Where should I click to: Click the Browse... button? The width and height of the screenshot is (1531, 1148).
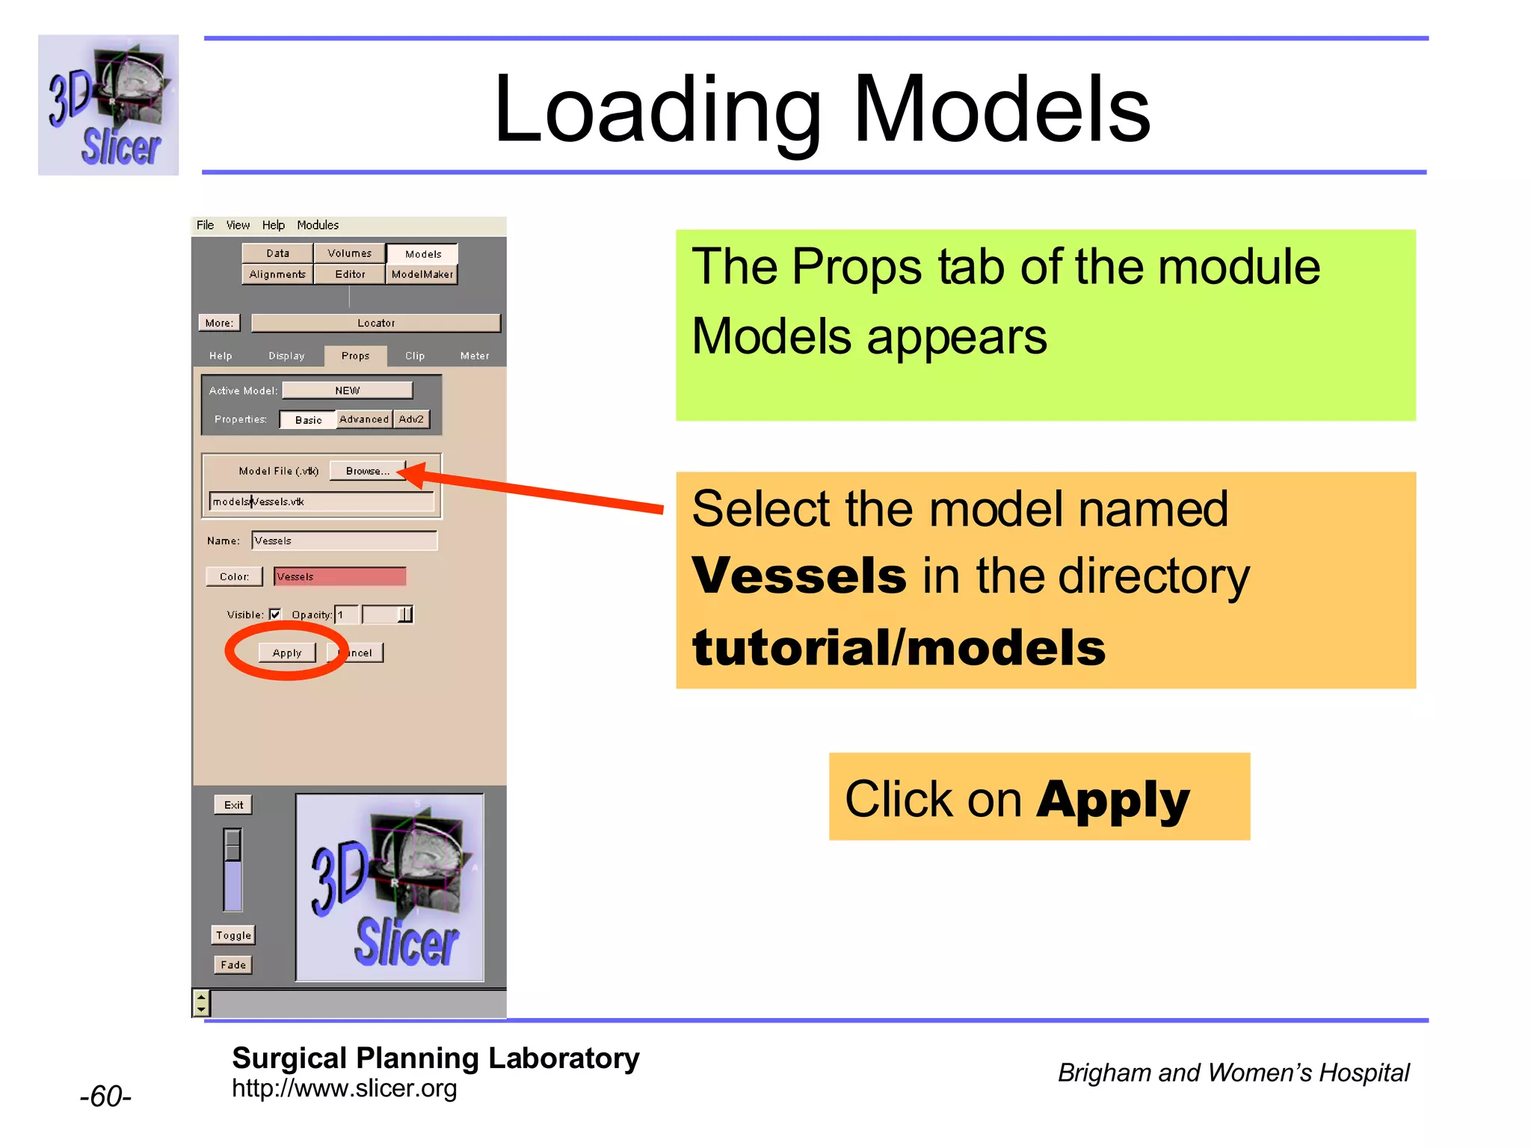point(367,471)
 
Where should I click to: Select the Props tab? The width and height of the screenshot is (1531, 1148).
point(355,356)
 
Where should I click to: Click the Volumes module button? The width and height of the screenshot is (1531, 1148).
point(349,253)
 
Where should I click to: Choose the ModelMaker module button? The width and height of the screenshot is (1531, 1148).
point(422,274)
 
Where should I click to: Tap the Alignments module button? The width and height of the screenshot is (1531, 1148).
point(277,274)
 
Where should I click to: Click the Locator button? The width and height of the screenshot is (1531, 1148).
point(375,323)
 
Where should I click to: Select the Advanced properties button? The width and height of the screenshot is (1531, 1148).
point(364,419)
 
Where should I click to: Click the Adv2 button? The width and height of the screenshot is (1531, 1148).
point(411,419)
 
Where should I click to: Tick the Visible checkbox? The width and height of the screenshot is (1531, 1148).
point(275,614)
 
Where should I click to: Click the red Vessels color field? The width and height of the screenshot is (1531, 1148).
point(340,576)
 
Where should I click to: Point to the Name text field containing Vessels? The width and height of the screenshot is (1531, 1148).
point(344,540)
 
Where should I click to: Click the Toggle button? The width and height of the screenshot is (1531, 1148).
point(233,935)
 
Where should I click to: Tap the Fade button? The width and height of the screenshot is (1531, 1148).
point(233,965)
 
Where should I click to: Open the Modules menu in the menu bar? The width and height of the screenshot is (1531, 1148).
point(318,225)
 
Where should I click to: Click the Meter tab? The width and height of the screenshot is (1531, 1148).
point(475,356)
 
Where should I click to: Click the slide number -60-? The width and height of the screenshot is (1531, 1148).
point(105,1096)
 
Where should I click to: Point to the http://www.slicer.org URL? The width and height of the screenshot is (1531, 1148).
point(344,1089)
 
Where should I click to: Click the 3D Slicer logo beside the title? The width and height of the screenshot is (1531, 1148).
point(108,105)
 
